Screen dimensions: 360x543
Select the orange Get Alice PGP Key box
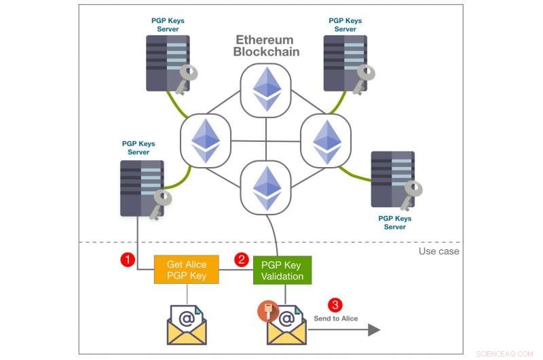[x=187, y=270]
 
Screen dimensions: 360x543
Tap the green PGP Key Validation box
[x=282, y=270]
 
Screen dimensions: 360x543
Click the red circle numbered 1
[x=126, y=259]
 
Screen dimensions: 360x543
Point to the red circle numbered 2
[x=240, y=259]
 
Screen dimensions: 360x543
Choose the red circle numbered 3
[x=334, y=305]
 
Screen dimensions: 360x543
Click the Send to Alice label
[x=335, y=319]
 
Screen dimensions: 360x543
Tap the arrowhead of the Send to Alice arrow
[x=374, y=330]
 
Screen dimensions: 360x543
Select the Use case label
[x=438, y=251]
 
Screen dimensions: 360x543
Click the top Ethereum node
[x=266, y=89]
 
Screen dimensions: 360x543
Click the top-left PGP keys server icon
[x=167, y=63]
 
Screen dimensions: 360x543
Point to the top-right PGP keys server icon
[x=344, y=63]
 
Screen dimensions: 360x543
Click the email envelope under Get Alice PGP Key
[x=186, y=325]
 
